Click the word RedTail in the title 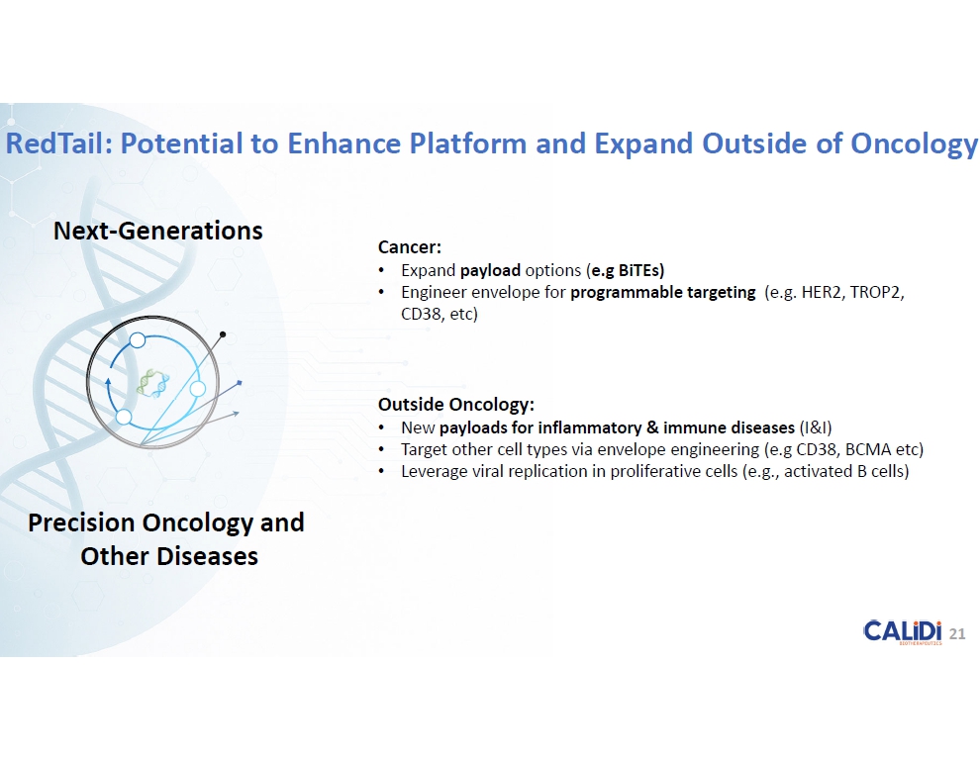coord(58,143)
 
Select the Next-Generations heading coord(158,231)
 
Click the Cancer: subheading coord(410,247)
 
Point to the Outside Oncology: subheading coord(456,404)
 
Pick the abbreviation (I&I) coord(816,427)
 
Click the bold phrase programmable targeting coord(662,292)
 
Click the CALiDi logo coord(903,631)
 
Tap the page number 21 coord(957,634)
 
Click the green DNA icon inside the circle coord(152,382)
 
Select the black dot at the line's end coord(223,334)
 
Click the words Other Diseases coord(169,556)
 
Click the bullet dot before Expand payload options coord(381,271)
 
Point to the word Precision coord(81,522)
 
